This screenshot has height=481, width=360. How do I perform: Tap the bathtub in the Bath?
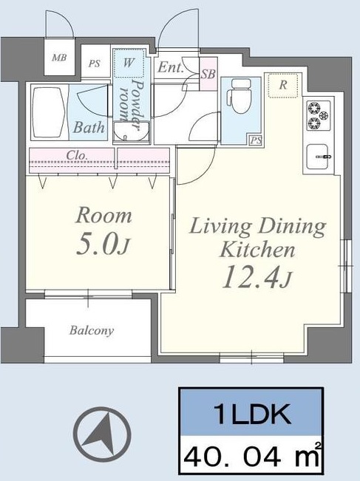click(49, 112)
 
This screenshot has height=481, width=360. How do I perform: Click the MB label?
click(59, 58)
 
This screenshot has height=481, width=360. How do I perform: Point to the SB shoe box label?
click(208, 74)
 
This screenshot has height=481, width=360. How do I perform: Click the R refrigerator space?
click(283, 85)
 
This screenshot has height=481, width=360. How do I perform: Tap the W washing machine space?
click(129, 63)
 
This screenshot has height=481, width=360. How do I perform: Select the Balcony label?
click(92, 330)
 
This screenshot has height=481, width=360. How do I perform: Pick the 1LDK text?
click(251, 414)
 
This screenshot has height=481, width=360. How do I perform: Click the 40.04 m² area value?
click(252, 456)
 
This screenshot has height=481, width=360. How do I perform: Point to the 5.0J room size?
click(103, 245)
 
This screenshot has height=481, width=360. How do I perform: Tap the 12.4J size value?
click(257, 278)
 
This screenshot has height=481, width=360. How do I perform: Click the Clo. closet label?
click(77, 155)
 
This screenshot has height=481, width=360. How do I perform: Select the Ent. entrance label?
click(171, 67)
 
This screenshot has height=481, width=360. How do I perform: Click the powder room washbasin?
click(131, 132)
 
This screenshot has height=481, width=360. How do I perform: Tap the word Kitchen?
click(257, 249)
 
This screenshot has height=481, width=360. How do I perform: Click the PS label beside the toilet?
click(256, 140)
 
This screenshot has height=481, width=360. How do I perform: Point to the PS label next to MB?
click(95, 64)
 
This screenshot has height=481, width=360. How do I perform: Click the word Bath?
click(89, 126)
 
